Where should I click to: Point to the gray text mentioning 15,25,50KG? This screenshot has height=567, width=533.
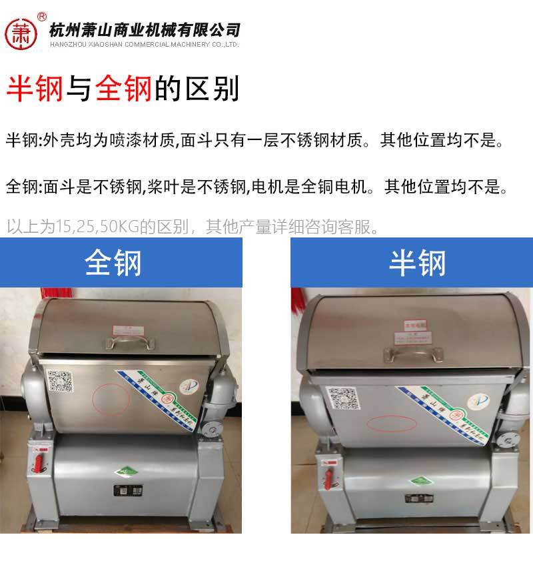[193, 227]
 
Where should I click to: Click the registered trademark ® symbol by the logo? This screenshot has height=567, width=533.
[42, 15]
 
